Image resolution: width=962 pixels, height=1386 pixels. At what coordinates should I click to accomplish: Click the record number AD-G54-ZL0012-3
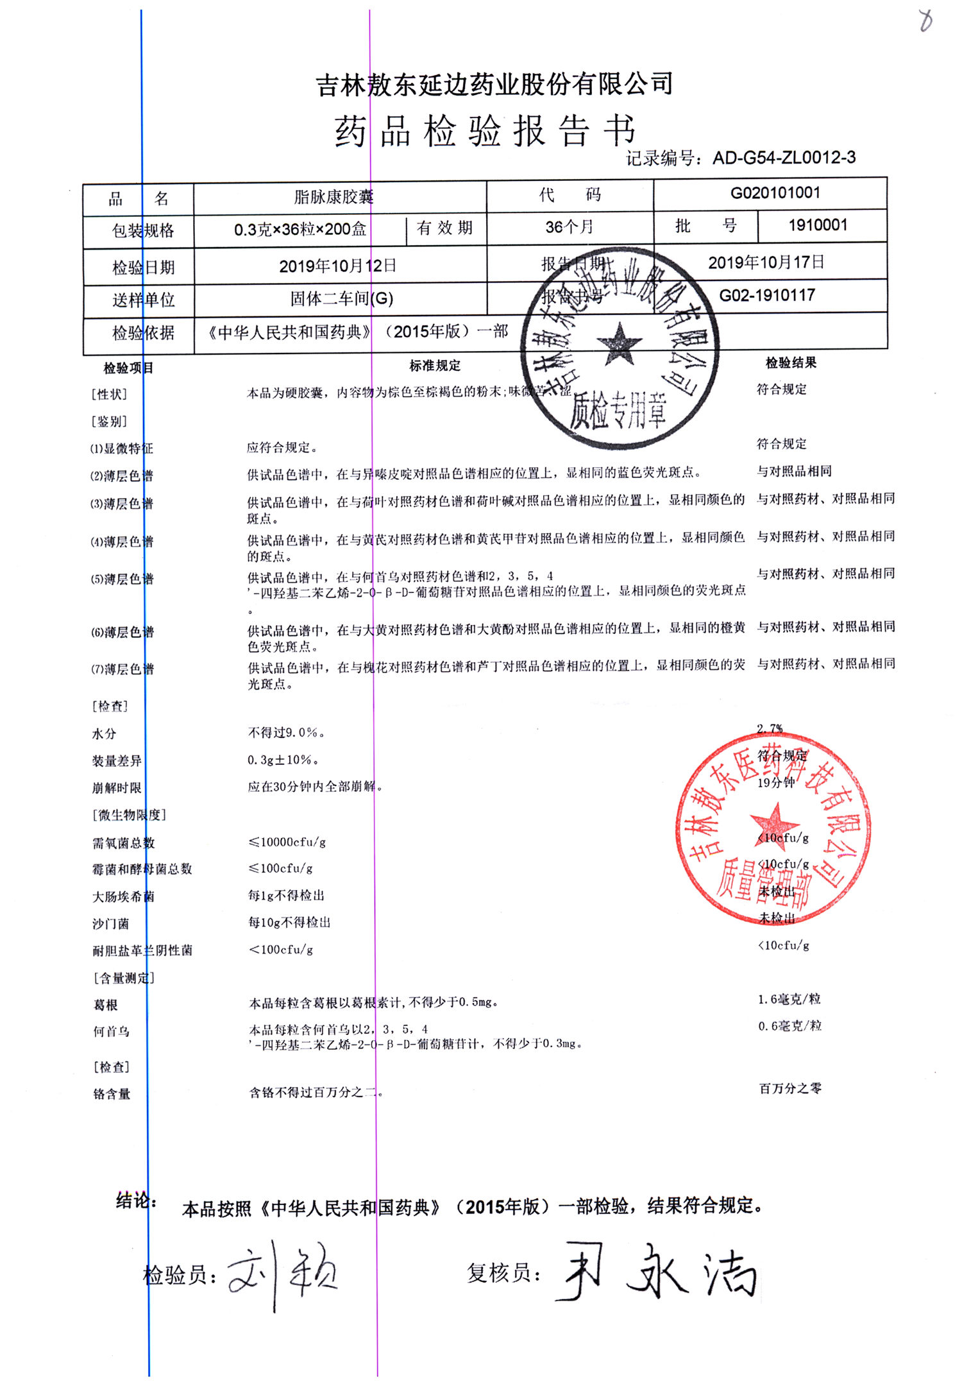784,158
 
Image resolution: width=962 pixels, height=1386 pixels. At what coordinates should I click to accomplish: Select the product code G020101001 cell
775,193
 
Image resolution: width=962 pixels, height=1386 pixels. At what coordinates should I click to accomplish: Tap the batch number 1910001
818,225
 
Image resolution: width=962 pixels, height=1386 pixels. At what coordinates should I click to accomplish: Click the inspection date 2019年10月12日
338,266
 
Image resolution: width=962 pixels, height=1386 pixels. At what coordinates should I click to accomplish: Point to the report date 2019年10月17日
766,262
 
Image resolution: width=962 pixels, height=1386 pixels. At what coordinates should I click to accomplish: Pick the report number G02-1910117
767,296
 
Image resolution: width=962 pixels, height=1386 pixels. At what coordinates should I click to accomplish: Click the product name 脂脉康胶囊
333,197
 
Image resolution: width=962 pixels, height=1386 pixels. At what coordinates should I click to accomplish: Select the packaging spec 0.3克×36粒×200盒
300,230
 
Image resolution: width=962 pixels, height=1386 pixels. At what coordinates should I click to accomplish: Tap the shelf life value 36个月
569,227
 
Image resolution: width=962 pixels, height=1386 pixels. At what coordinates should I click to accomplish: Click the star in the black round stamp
619,344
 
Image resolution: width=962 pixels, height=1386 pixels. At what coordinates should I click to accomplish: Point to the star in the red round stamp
773,823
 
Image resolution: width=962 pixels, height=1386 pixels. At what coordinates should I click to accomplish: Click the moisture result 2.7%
770,729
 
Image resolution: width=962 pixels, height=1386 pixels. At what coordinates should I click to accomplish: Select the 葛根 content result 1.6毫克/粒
789,999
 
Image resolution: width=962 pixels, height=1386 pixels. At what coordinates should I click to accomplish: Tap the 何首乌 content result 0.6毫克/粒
789,1026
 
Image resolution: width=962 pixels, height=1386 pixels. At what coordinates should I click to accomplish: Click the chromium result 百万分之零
790,1088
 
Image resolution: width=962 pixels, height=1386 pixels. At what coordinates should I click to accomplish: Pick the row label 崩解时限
116,788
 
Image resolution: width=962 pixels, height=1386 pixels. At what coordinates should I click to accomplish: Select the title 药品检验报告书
485,132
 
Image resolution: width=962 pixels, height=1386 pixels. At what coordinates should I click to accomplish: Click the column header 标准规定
435,366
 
